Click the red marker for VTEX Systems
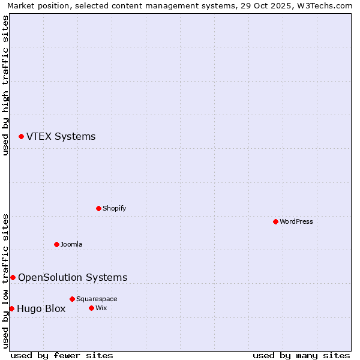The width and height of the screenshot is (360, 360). point(21,137)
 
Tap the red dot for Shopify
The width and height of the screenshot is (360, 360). point(98,208)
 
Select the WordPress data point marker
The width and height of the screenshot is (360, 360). point(275,221)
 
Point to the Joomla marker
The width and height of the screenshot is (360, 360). point(56,244)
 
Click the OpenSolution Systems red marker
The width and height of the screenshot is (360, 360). point(13,277)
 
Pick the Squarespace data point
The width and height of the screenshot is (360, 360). point(72,299)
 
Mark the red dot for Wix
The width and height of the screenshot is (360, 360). point(91,308)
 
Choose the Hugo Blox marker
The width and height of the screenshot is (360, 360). point(11,308)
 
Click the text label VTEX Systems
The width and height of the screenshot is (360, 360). point(61,137)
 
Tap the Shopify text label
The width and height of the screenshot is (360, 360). point(114,208)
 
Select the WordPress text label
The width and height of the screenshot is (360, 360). point(296,221)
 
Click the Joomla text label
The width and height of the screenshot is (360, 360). point(71,244)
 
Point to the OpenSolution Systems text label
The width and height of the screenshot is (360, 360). point(73,277)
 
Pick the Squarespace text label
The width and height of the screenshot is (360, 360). point(97,299)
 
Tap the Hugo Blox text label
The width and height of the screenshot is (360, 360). point(41,309)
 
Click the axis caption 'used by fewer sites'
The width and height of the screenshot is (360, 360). point(62,355)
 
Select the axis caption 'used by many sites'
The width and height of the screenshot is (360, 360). point(301,355)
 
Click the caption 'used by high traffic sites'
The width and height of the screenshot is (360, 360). point(5,85)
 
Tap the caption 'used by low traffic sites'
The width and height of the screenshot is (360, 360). point(5,281)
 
